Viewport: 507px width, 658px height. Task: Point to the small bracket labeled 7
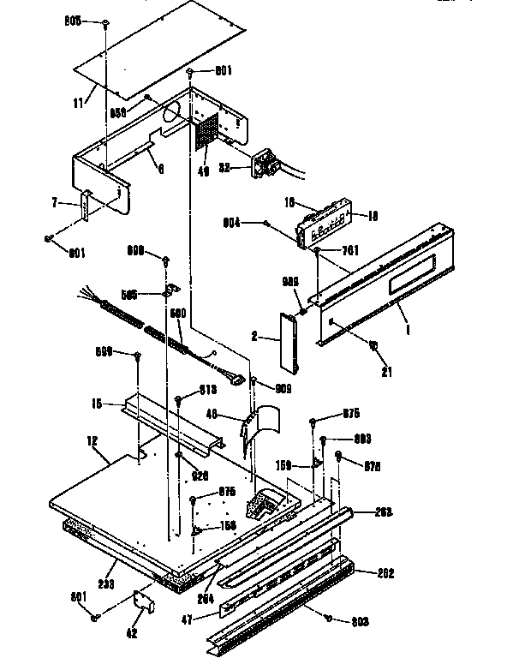point(86,206)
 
